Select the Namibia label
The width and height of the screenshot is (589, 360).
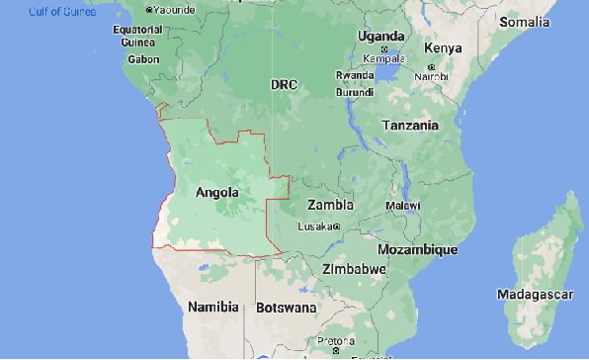(x=213, y=308)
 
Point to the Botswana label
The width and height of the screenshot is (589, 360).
(x=287, y=308)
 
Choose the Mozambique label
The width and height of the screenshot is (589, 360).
(x=418, y=249)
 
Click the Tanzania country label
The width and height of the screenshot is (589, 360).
(x=410, y=126)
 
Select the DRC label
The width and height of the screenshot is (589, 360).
(x=285, y=85)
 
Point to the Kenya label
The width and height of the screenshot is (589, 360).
(x=442, y=48)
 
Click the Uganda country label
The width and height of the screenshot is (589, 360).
(x=380, y=37)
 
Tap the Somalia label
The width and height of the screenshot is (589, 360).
(x=526, y=21)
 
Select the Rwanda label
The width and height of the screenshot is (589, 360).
(x=355, y=75)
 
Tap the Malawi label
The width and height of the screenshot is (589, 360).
(x=402, y=205)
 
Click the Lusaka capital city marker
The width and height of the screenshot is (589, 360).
(x=337, y=226)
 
